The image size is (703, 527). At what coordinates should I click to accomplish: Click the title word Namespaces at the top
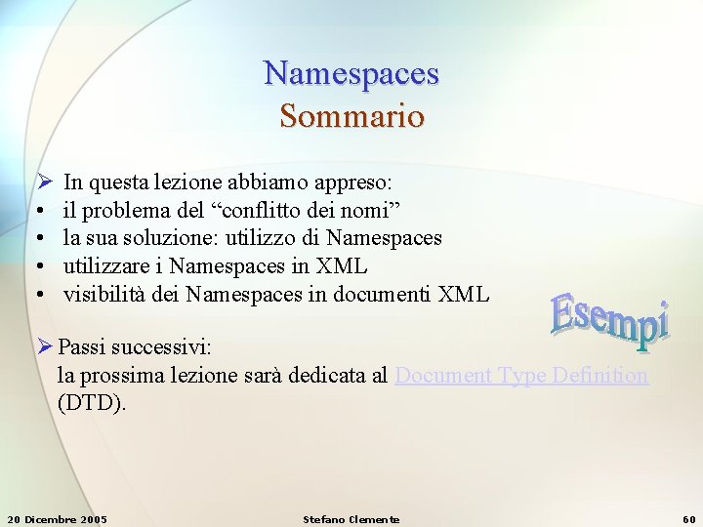coord(351,73)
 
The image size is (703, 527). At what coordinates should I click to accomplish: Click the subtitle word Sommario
coord(351,117)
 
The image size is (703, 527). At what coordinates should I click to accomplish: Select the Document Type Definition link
coord(521,376)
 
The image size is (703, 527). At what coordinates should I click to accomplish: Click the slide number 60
coord(687,519)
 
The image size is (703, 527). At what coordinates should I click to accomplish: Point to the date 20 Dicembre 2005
coord(57,519)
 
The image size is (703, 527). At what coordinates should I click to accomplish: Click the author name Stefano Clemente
coord(351,519)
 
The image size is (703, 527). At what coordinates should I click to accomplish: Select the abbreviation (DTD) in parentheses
coord(92,403)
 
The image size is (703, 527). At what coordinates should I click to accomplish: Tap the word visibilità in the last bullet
coord(105,294)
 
